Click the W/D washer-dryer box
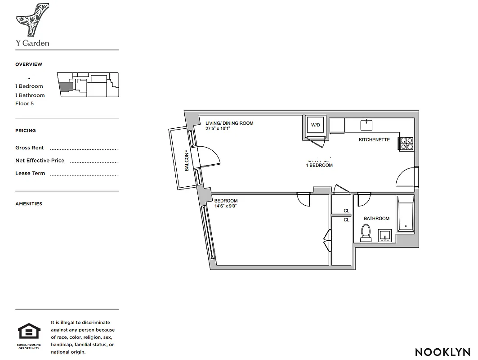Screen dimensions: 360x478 pos(316,125)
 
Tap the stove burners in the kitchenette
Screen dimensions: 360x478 pos(406,144)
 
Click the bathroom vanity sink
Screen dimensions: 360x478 pos(385,235)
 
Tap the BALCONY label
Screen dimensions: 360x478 pos(187,160)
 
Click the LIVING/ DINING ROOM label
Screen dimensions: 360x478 pos(229,123)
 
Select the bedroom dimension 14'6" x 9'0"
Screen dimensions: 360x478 pos(226,207)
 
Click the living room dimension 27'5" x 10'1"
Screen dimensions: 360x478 pos(218,128)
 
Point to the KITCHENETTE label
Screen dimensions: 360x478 pos(374,140)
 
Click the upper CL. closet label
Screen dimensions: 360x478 pos(347,211)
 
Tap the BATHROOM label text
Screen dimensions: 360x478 pos(376,219)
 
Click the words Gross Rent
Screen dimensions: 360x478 pos(29,148)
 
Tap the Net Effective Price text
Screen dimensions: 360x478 pos(40,161)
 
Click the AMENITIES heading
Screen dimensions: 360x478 pos(29,204)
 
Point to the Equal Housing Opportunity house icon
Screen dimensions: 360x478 pos(29,332)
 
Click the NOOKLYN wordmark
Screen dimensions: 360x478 pos(442,352)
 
